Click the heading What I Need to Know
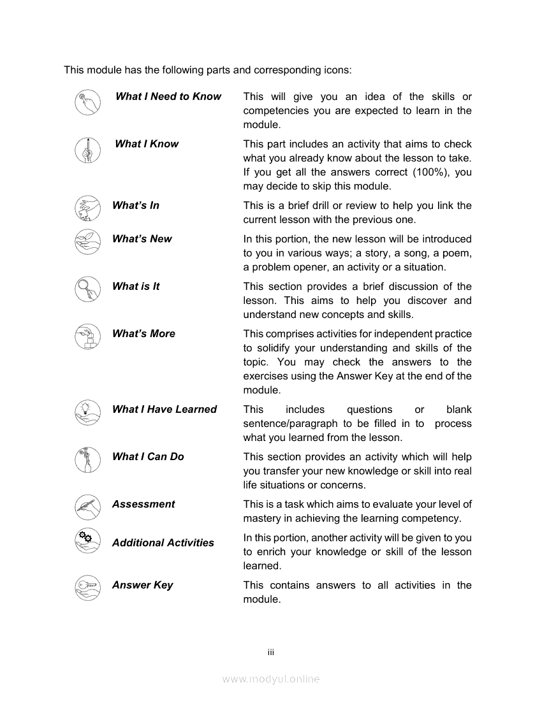point(168,96)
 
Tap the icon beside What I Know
point(87,150)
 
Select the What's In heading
point(136,205)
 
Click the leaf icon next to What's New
point(87,242)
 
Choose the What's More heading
point(143,333)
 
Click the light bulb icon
point(87,412)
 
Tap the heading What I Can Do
point(148,456)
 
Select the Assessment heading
point(143,504)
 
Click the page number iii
point(270,652)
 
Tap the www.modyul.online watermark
point(270,679)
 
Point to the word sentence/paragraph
point(290,424)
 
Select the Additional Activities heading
point(163,543)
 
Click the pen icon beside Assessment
point(87,507)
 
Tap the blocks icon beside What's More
point(87,336)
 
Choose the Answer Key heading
point(143,585)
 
